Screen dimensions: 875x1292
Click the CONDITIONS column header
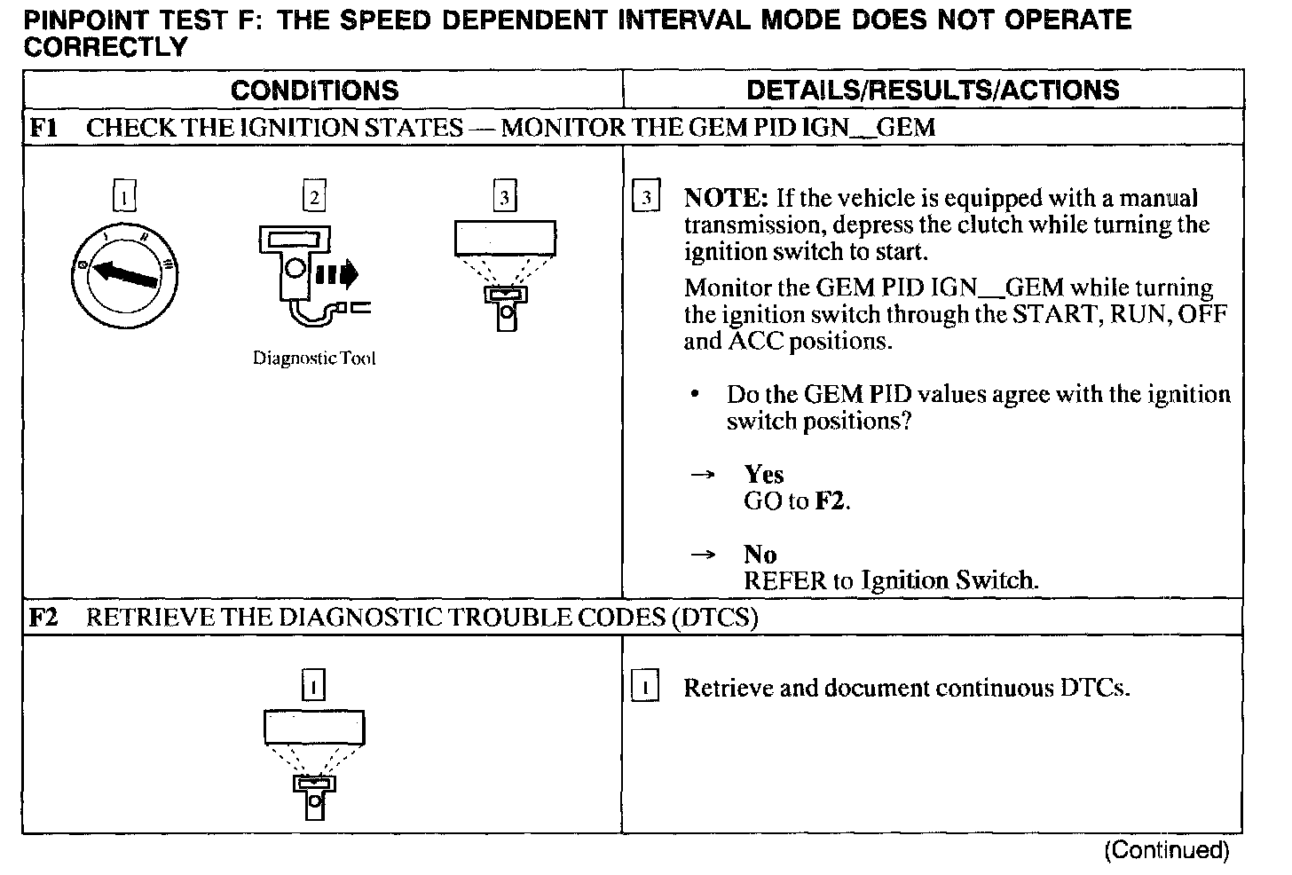(x=314, y=90)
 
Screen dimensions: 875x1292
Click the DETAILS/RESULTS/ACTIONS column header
(x=933, y=90)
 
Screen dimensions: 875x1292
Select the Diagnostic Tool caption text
(x=314, y=359)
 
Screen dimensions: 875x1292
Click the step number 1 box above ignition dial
(x=125, y=195)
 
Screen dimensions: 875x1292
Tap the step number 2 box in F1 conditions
(x=314, y=195)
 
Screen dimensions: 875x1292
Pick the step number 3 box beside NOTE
(x=646, y=197)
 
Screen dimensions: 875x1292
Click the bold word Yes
(x=763, y=474)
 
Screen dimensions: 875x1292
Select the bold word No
(x=760, y=555)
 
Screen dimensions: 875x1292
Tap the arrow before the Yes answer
(x=702, y=476)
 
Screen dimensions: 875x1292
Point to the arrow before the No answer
(x=702, y=556)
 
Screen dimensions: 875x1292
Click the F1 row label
(x=43, y=127)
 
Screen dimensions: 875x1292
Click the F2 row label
(x=43, y=617)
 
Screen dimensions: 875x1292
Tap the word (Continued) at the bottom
(x=1166, y=850)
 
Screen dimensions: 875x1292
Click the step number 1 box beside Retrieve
(x=644, y=688)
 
